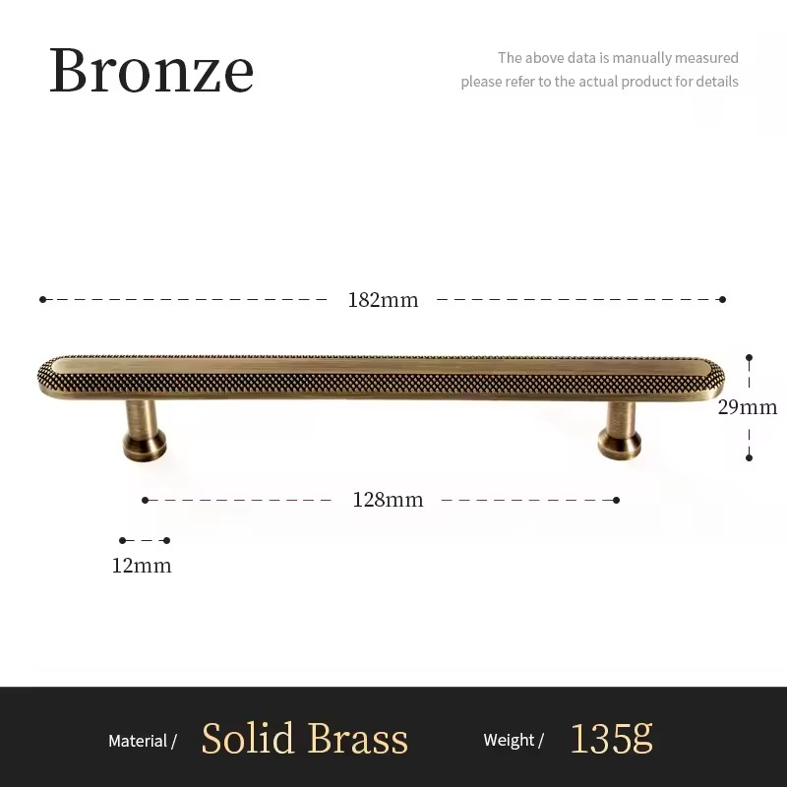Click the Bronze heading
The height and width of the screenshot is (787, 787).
tap(151, 71)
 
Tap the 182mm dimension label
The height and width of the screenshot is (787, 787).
tap(383, 300)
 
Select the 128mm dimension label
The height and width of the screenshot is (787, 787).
tap(388, 500)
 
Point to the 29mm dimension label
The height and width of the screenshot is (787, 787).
tap(747, 407)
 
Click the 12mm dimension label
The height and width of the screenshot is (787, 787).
tap(142, 566)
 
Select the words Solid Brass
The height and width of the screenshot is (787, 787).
tap(304, 739)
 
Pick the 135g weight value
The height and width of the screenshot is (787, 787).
tap(611, 738)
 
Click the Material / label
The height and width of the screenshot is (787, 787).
tap(143, 741)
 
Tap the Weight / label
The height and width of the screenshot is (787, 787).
tap(514, 741)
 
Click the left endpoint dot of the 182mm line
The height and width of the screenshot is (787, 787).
tap(42, 299)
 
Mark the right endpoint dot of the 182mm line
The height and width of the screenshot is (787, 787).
tap(722, 299)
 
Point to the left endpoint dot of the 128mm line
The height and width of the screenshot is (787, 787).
tap(145, 500)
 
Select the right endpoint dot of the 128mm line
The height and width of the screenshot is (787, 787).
tap(617, 500)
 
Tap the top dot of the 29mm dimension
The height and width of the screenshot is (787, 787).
tap(749, 358)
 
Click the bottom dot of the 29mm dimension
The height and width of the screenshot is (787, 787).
tap(749, 457)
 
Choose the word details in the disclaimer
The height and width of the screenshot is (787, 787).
tap(716, 82)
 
